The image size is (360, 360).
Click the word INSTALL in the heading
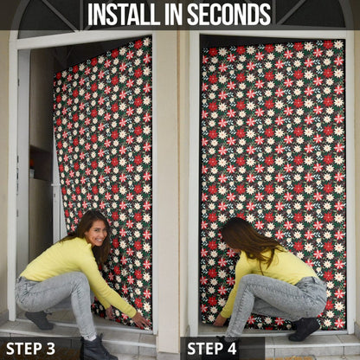124,15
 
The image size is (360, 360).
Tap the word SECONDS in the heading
229,15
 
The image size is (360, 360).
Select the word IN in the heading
173,15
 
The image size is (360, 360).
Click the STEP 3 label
30,349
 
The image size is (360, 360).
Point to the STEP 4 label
212,349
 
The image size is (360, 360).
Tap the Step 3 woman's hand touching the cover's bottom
142,319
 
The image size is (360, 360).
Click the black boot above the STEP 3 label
97,349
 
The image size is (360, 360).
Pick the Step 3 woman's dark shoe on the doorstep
40,319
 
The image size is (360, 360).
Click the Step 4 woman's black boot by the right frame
305,329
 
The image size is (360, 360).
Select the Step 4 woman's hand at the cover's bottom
219,320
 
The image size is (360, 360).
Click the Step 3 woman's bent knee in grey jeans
76,281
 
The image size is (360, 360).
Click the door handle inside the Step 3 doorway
55,184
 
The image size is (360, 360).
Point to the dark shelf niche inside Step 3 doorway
41,162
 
